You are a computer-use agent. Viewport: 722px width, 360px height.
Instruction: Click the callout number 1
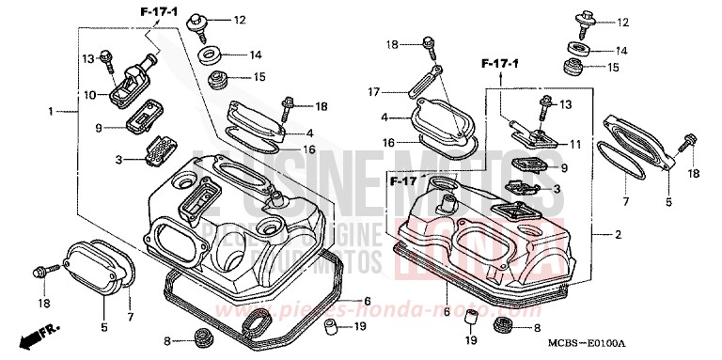50,111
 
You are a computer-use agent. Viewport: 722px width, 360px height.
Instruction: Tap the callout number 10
89,94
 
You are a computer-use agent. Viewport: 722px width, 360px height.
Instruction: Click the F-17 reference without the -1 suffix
405,180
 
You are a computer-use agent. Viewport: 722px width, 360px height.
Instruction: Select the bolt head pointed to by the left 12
197,21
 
